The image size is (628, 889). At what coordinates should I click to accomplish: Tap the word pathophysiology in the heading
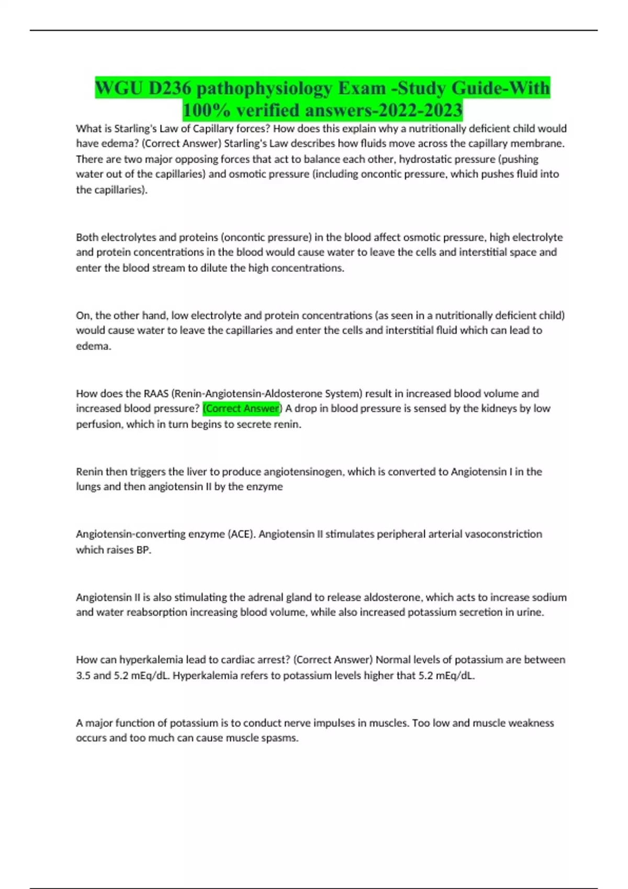point(265,88)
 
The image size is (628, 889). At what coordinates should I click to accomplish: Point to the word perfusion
point(99,424)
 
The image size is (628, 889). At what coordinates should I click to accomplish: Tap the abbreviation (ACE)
point(240,534)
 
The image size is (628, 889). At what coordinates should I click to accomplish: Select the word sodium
point(549,597)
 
